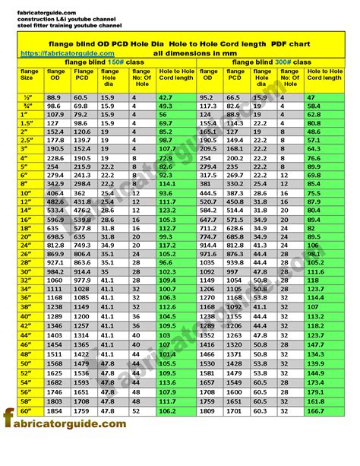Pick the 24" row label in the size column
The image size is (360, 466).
point(27,246)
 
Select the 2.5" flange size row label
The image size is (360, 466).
point(27,141)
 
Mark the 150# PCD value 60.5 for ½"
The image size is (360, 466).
point(81,98)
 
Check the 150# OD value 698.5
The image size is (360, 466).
point(55,236)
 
